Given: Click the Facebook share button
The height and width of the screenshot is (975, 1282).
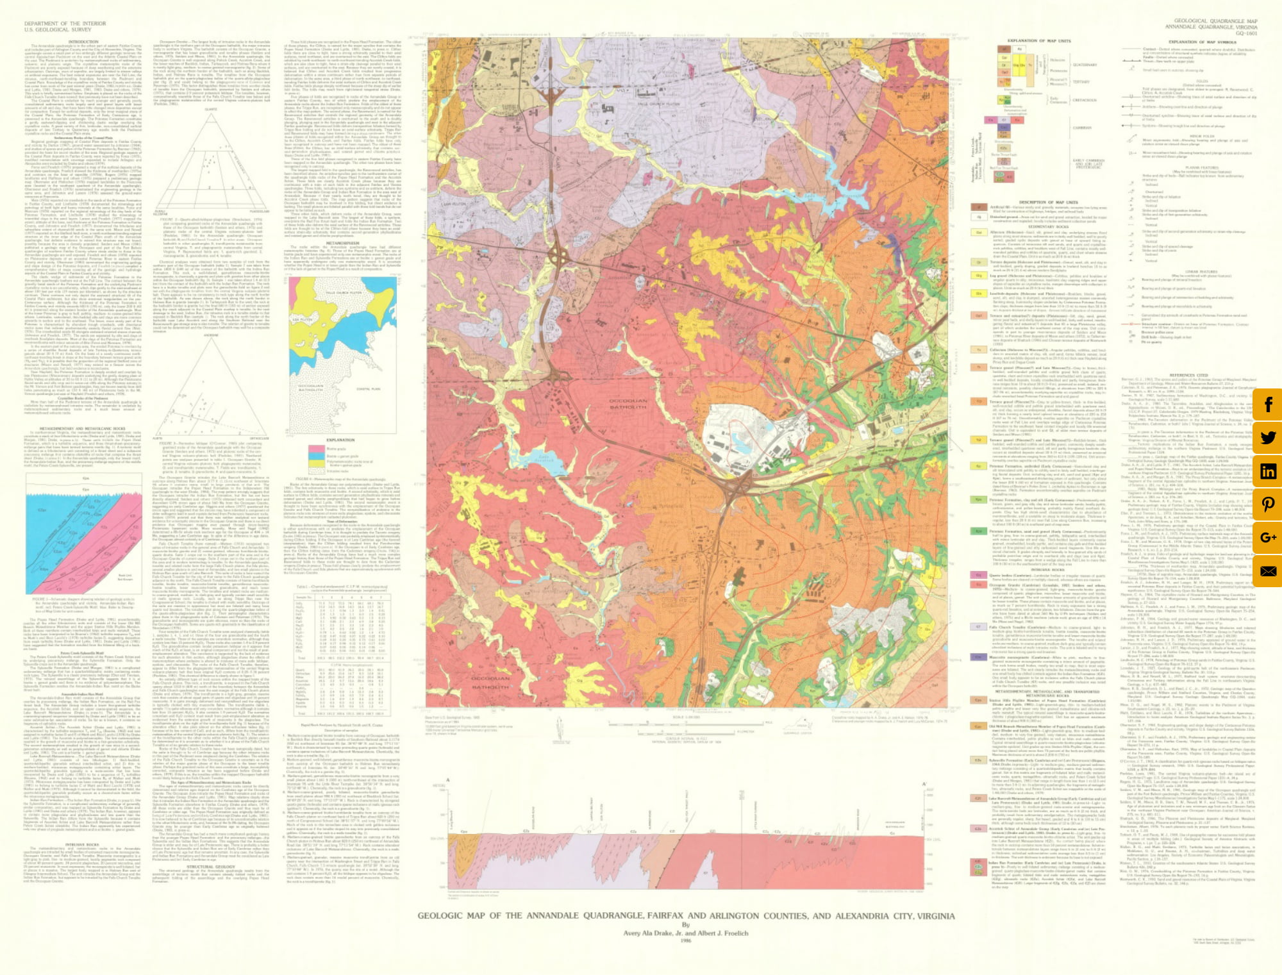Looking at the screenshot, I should [1268, 404].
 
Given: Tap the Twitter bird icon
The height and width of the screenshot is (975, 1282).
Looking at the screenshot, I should [1268, 438].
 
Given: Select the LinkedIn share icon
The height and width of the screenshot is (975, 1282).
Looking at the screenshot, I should [1268, 471].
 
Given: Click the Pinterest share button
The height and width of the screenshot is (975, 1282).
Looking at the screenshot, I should [1268, 504].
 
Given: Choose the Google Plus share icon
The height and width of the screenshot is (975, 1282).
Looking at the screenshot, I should [1268, 537].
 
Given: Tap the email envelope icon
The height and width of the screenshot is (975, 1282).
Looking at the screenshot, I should [1268, 571].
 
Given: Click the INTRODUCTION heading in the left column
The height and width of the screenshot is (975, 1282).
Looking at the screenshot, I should [83, 42].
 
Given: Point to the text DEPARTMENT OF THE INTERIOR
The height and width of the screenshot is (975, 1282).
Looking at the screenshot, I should [65, 24].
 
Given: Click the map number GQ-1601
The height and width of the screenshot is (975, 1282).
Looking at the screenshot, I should [1246, 33].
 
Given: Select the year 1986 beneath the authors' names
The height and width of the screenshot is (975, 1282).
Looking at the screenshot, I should [685, 941].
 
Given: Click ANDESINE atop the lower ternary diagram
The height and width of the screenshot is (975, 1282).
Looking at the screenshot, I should [210, 335].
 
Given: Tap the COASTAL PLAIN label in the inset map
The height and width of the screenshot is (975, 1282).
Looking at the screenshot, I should [368, 388].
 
